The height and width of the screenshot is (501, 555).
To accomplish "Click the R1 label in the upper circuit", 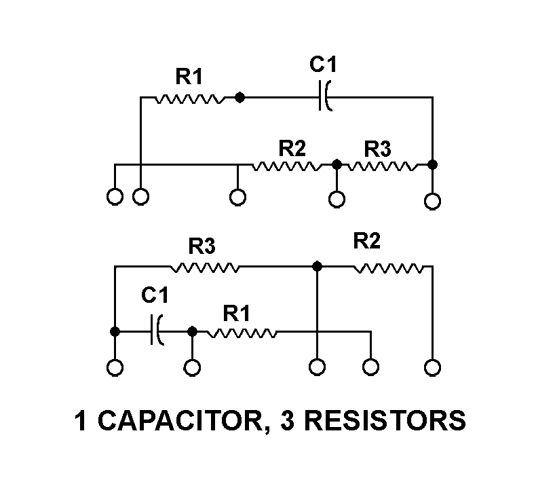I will tap(189, 77).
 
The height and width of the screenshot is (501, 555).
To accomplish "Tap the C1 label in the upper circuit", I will tap(323, 65).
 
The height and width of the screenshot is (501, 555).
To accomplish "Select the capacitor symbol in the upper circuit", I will tap(324, 98).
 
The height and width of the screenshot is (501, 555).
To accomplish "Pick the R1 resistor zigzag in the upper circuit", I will tap(189, 98).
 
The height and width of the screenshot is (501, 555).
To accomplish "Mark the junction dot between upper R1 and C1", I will tap(240, 98).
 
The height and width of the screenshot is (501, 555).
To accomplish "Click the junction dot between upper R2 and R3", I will tap(336, 164).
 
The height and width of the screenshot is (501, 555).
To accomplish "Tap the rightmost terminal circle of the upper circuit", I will tap(432, 202).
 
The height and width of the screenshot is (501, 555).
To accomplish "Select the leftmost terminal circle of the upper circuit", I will tap(115, 197).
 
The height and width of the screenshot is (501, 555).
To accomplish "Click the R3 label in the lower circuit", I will tap(202, 246).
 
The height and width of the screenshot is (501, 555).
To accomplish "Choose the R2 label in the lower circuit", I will tap(367, 240).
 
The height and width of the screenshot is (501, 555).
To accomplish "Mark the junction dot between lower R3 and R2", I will tap(317, 267).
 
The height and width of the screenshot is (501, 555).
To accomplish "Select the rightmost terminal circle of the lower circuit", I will tap(432, 368).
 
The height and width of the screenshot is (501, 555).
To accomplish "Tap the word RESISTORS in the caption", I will tap(385, 420).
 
